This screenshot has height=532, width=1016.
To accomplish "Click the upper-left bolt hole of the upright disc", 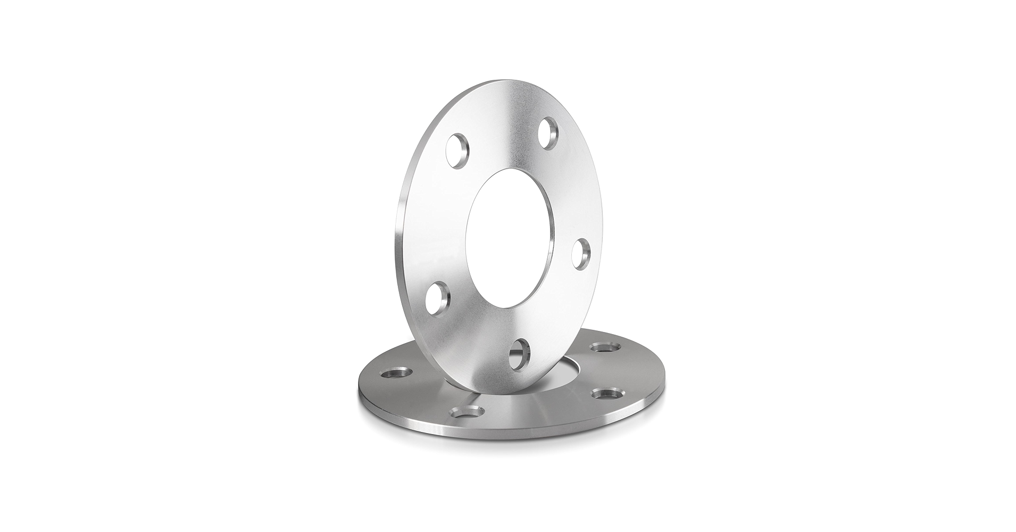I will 457,151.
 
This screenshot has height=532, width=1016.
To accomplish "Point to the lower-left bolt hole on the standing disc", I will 438,298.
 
